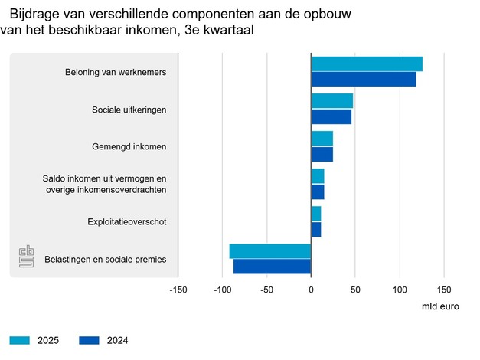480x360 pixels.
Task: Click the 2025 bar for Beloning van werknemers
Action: (367, 64)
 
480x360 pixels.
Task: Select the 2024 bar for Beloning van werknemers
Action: (364, 79)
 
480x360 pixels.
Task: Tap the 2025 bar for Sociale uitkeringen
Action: (332, 101)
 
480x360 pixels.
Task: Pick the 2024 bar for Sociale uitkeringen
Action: (331, 116)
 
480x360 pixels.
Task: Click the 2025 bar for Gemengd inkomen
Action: (322, 139)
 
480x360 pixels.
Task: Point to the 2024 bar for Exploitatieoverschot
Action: (316, 229)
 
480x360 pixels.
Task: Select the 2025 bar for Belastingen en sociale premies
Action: (270, 251)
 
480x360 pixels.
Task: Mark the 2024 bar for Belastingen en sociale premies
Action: (273, 266)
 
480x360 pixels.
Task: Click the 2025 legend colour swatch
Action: (20, 340)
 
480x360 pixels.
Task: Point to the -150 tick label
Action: (177, 290)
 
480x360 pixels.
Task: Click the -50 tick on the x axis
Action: (266, 290)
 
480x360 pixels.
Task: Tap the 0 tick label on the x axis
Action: (311, 290)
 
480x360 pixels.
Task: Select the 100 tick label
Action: (400, 290)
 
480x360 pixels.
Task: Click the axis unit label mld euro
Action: (442, 306)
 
